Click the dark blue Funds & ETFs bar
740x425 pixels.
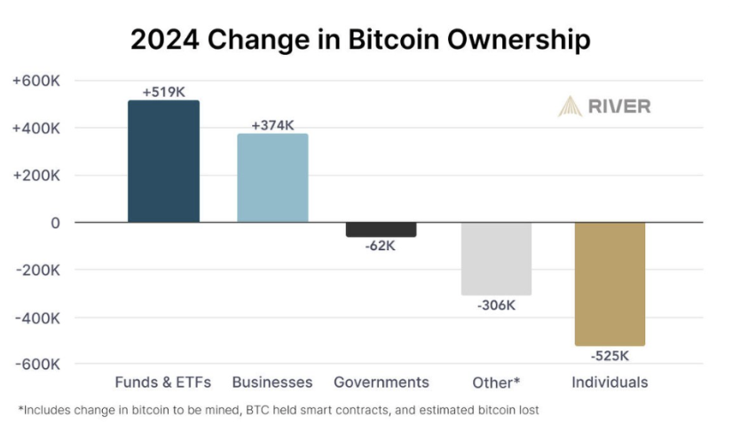tap(163, 161)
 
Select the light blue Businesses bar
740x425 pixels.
tap(272, 177)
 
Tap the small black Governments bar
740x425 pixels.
tap(381, 230)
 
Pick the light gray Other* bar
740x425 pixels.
tap(495, 258)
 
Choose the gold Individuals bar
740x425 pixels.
tap(610, 284)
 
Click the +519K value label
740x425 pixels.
tap(163, 91)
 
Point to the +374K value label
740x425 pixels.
tap(272, 125)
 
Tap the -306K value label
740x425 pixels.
tap(495, 305)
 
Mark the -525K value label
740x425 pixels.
tap(610, 356)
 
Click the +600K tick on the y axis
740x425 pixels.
tap(36, 81)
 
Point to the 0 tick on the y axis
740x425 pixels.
tap(55, 223)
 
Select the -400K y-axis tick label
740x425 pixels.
tap(36, 317)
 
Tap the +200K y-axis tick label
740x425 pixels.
tap(36, 176)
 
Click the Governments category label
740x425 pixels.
tap(382, 382)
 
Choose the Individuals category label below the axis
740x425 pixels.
tap(610, 382)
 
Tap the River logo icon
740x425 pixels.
tap(570, 106)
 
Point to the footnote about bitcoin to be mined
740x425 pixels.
tap(279, 410)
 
